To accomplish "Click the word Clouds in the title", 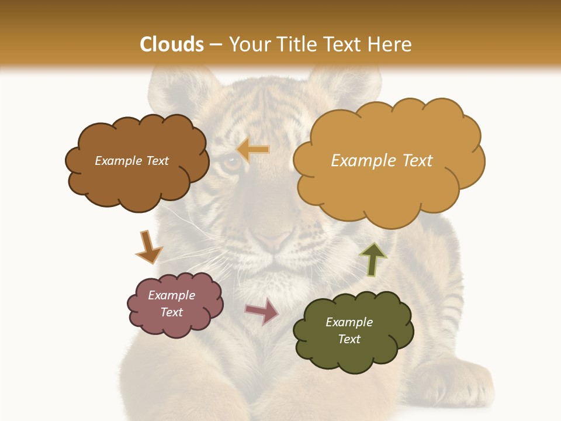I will (x=172, y=44).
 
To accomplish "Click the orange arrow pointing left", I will (x=254, y=150).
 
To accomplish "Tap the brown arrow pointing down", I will (x=148, y=247).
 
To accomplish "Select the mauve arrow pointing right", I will (x=262, y=310).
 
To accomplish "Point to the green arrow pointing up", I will (x=373, y=258).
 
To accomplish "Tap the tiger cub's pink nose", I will (x=272, y=240).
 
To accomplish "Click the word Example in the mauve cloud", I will (x=171, y=295).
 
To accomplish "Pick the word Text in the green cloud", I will (x=349, y=339).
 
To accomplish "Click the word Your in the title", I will (x=248, y=44).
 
